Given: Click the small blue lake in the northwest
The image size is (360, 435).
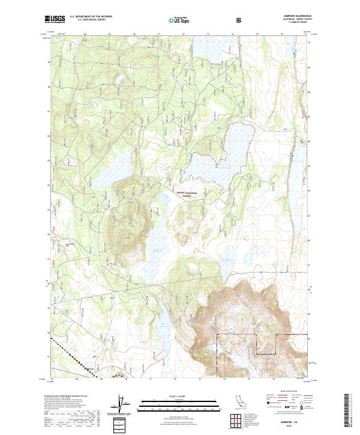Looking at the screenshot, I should point(119,79).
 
